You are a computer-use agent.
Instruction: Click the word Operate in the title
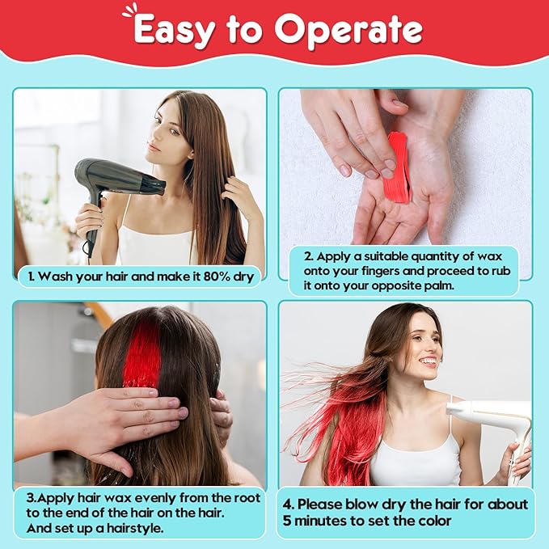[348, 31]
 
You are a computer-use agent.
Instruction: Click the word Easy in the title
[174, 31]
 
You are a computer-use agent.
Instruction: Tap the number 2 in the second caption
[308, 256]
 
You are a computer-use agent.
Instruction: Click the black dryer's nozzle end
[162, 188]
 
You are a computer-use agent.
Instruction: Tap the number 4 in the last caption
[287, 505]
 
